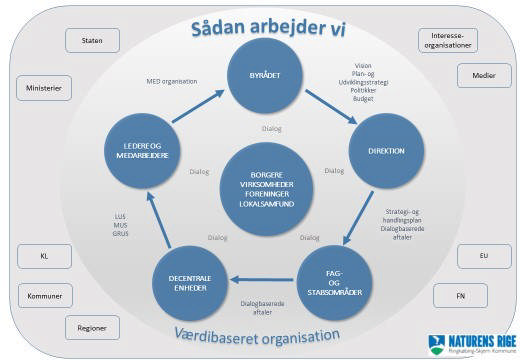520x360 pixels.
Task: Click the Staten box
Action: [93, 40]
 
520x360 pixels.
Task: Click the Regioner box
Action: [93, 327]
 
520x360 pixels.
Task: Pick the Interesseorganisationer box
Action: [447, 40]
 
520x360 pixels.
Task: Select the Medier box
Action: [484, 76]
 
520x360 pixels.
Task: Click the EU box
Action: [484, 256]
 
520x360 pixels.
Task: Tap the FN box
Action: [459, 296]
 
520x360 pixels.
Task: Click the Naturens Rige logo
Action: [469, 343]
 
